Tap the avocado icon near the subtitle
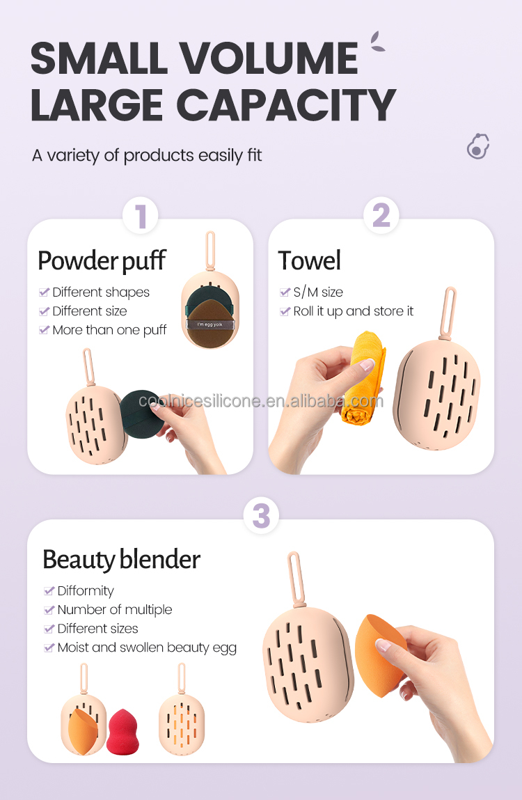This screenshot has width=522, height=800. [x=477, y=147]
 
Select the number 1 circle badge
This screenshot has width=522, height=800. [x=141, y=215]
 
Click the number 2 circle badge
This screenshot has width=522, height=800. [x=381, y=215]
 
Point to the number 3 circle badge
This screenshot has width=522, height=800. [x=260, y=517]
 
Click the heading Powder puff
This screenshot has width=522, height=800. [x=102, y=260]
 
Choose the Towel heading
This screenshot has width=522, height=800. [x=310, y=260]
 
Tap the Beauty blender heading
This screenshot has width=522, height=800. [x=121, y=559]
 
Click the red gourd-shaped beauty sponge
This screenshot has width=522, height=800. [x=123, y=732]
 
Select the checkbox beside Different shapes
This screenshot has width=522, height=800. [x=44, y=292]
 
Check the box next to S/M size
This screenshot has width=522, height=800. [x=285, y=292]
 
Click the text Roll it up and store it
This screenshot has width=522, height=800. [x=353, y=311]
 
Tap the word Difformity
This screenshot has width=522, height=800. [x=86, y=590]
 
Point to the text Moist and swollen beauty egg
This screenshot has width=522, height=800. [x=147, y=648]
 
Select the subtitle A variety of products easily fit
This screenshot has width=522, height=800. [x=147, y=155]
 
